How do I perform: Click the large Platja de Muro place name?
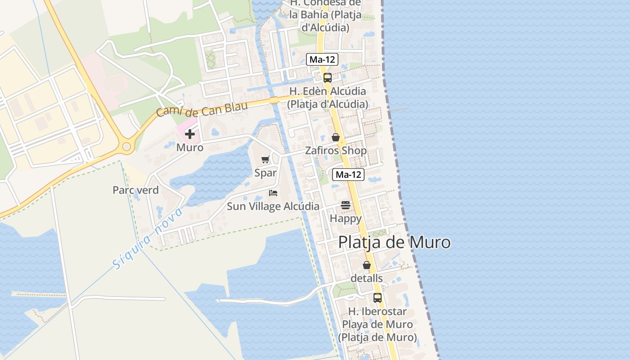[394, 242]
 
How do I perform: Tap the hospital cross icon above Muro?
[190, 134]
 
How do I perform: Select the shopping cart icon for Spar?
[265, 159]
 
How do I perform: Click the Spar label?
[265, 173]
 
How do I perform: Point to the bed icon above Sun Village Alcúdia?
[273, 193]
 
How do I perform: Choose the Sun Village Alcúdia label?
[273, 207]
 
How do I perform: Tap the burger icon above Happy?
[346, 205]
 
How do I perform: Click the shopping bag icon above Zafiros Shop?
[336, 137]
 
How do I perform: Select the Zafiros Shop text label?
[336, 150]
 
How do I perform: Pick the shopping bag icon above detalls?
[367, 265]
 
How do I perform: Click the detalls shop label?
[367, 278]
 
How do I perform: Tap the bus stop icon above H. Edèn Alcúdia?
[328, 77]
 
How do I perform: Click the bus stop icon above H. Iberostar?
[377, 298]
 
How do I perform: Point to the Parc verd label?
[135, 190]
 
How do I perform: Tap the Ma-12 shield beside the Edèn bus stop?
[322, 59]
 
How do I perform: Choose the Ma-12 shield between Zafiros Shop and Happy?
[348, 175]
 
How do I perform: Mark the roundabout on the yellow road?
[126, 146]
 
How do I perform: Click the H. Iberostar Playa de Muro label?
[377, 324]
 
